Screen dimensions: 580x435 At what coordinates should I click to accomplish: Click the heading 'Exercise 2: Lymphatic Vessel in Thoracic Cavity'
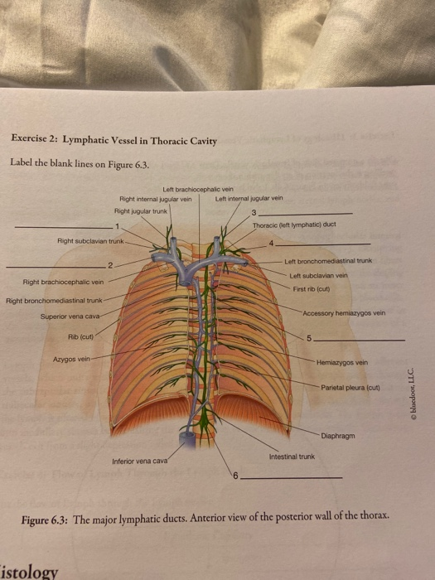coord(114,140)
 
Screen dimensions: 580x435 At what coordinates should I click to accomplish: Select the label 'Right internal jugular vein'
coord(156,199)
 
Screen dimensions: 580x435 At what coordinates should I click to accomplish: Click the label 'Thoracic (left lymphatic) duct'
coord(295,225)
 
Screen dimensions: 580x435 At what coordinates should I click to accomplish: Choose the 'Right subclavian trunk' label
coord(89,241)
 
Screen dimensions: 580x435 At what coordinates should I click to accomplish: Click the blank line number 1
coord(118,225)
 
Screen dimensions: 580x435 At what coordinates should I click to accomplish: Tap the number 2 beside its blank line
coord(109,264)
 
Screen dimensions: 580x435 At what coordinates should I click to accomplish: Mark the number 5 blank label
coord(311,341)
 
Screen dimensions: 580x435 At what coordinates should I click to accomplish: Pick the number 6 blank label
coord(235,477)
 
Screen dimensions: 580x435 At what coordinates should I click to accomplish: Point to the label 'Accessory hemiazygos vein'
coord(344,313)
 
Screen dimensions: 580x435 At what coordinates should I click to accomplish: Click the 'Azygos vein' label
coord(71,360)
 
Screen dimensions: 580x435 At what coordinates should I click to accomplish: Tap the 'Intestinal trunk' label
coord(292,456)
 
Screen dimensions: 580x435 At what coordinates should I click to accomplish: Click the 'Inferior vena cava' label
coord(140,460)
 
